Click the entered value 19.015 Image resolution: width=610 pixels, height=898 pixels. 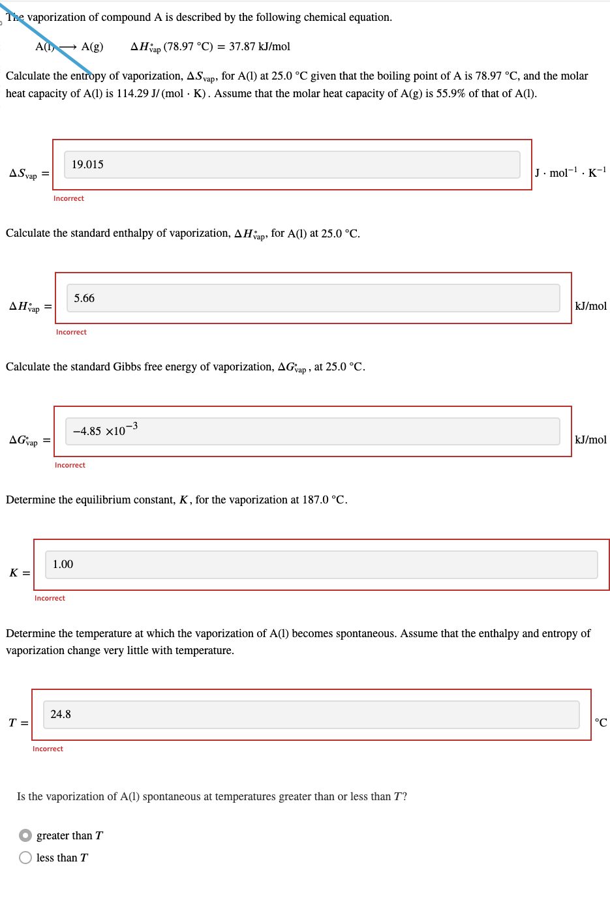(87, 165)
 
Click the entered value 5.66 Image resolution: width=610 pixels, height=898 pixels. (84, 299)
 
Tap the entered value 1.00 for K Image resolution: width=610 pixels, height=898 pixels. (63, 565)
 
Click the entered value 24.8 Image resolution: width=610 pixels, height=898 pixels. (61, 715)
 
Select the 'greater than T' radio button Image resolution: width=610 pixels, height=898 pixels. (25, 835)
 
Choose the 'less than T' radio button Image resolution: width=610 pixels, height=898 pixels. (25, 858)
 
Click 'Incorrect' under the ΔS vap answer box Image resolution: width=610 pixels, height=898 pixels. (69, 198)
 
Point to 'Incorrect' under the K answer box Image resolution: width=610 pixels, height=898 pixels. (50, 598)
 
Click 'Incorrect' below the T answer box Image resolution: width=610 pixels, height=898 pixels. (48, 749)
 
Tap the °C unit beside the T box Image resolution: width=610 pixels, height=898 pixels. (600, 723)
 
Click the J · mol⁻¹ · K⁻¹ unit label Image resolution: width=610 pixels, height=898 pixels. (570, 173)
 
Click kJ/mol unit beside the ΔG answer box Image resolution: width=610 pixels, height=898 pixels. (590, 440)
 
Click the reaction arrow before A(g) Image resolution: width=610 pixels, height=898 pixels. (68, 47)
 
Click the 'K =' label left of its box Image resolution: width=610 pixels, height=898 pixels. (20, 573)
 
